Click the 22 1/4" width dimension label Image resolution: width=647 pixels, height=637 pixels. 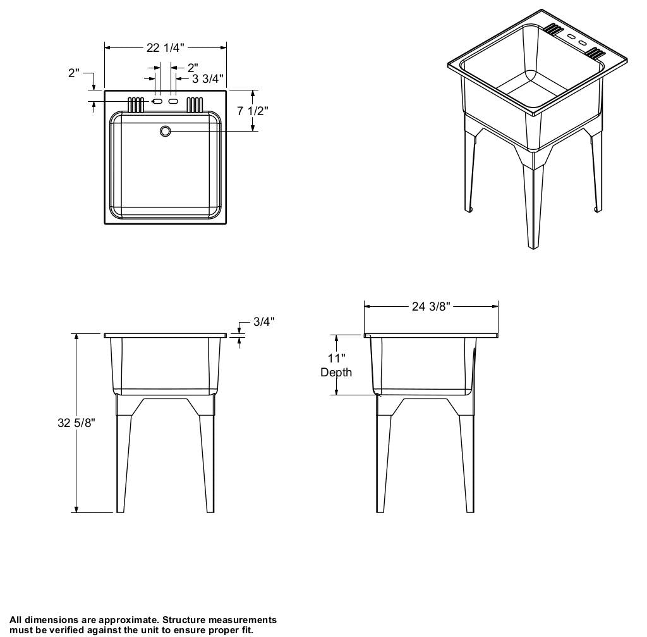[166, 48]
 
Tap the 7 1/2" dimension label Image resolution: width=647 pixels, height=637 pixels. [253, 111]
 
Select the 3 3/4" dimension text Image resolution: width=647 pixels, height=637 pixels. [207, 78]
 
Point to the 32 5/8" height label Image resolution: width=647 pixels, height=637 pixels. [76, 423]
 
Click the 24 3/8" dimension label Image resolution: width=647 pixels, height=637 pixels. [431, 306]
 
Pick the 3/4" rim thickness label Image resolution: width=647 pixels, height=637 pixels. [264, 321]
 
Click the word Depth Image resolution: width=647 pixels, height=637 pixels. [336, 372]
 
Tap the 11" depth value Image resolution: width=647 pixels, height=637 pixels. [337, 358]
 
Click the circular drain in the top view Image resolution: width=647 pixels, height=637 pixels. [165, 131]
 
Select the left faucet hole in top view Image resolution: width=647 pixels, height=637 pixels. [157, 101]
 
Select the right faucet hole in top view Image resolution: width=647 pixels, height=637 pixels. [173, 101]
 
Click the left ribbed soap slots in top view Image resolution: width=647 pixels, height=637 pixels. [136, 105]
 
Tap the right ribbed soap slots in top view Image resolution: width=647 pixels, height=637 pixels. [195, 105]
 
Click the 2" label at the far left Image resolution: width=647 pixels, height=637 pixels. [74, 73]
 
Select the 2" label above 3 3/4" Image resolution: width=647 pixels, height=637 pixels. [193, 67]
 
